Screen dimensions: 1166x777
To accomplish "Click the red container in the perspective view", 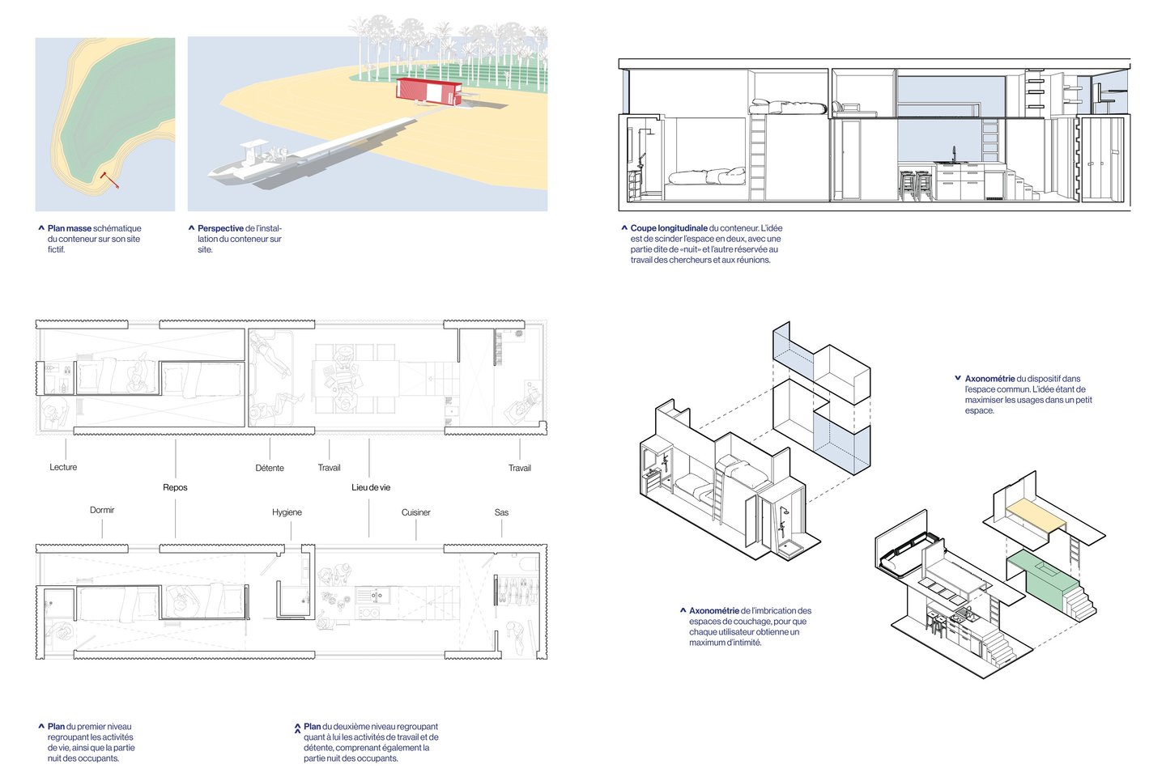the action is [428, 91].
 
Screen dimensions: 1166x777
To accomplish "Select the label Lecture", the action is [63, 467].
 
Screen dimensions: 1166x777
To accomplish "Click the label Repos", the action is [175, 487].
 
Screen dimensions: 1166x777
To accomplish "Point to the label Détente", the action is [270, 468].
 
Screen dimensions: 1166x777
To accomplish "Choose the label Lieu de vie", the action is [371, 487].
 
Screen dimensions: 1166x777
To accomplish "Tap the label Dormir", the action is [102, 510].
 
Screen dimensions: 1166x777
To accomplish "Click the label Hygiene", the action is [287, 512].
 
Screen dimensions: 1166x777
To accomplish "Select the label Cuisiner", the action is [416, 512].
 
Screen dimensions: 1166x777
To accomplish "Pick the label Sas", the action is [501, 512].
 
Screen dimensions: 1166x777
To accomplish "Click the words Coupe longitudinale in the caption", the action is [668, 228].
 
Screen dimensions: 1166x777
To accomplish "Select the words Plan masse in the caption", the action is [69, 228].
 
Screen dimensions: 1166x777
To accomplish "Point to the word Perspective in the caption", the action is [220, 228].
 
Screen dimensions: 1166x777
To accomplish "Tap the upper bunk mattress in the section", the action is [789, 107].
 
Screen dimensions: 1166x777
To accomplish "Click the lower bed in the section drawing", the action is [704, 176].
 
